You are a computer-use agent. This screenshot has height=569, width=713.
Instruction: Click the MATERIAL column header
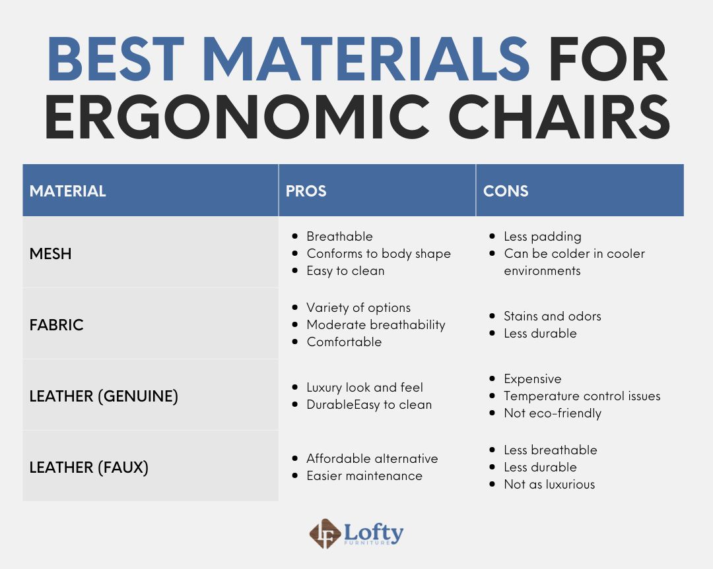coord(67,191)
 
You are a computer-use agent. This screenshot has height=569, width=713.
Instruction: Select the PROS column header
coord(306,191)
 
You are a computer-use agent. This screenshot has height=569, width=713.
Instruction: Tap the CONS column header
coord(506,191)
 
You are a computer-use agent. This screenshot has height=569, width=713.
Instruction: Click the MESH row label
coord(50,254)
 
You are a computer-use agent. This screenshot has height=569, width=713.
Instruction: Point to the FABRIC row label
coord(56,325)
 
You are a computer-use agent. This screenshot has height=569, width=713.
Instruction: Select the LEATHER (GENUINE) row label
coord(104,397)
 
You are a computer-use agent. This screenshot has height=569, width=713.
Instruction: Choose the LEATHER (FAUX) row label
coord(88,468)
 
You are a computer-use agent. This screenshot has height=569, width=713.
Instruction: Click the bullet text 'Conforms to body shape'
coord(378,254)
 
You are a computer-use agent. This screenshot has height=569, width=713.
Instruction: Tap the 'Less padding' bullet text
coord(542,237)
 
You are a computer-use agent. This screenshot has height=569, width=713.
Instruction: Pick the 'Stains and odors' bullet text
coord(552,316)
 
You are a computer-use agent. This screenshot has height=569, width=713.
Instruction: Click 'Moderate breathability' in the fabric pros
coord(376,325)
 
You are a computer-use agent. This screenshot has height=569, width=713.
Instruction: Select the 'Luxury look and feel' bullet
coord(364,388)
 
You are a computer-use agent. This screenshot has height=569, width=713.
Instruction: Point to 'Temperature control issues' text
coord(582,396)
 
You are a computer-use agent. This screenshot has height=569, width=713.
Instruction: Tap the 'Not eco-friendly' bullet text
coord(552,413)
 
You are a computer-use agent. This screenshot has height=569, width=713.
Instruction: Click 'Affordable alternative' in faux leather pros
coord(372,459)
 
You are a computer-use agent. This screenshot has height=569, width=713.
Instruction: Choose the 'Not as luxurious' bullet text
coord(549,485)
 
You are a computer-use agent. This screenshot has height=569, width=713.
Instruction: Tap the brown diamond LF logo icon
coord(325,534)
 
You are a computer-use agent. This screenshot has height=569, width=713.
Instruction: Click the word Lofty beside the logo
coord(373,531)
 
